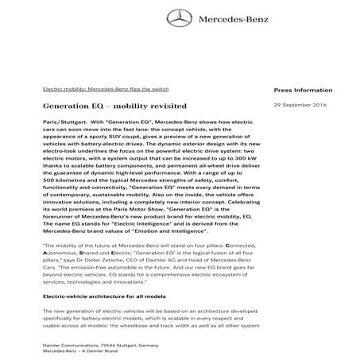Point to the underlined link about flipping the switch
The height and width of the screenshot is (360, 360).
[x=106, y=89]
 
